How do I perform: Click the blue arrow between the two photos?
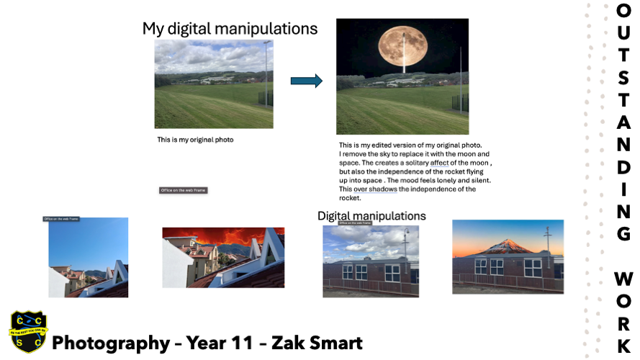(306, 81)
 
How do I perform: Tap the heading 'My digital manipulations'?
(230, 29)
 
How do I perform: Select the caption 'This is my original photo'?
(195, 140)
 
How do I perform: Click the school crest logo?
(28, 332)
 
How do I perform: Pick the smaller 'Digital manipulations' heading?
(371, 216)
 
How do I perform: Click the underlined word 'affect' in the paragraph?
(439, 163)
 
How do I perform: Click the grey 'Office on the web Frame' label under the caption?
(183, 191)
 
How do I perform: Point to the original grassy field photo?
(214, 84)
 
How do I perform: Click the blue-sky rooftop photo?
(88, 257)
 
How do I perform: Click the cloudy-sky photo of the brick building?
(371, 261)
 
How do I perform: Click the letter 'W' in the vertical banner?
(623, 279)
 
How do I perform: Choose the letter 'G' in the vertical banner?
(623, 234)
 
